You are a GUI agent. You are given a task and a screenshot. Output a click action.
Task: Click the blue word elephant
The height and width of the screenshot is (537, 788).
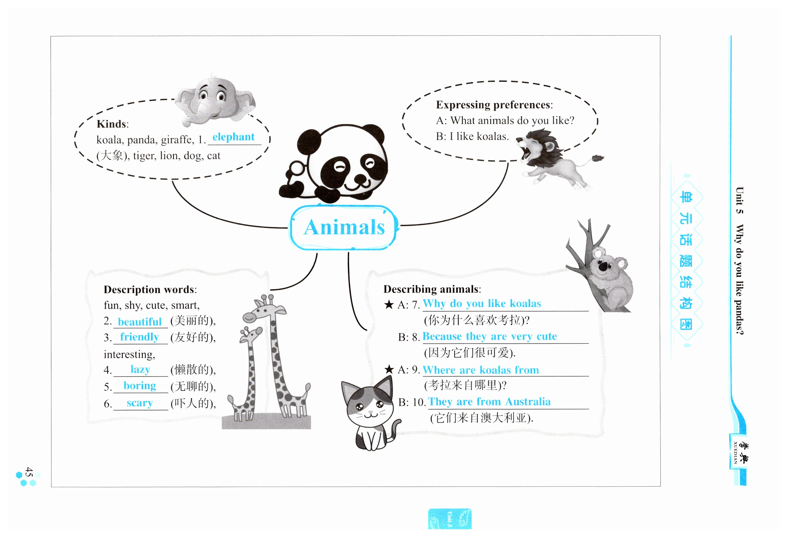coord(233,137)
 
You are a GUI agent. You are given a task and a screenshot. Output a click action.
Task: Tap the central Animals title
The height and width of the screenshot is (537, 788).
coord(344,227)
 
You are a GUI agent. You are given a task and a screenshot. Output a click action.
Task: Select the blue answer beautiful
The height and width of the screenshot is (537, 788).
coord(140,321)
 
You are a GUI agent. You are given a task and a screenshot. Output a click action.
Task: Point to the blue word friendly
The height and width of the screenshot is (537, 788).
coord(139,337)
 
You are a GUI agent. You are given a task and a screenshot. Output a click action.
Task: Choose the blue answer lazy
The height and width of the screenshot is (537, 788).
coord(140,369)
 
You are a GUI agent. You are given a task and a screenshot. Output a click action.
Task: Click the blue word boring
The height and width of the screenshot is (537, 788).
coord(140,386)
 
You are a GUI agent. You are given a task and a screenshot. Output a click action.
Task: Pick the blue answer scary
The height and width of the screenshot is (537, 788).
coord(140,403)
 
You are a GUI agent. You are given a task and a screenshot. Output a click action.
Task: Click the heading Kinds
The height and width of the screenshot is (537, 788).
coord(112,124)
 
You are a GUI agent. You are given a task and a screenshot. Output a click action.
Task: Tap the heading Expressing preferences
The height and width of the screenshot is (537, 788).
coord(493,105)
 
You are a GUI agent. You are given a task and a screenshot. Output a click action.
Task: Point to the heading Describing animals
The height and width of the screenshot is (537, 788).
coord(431,289)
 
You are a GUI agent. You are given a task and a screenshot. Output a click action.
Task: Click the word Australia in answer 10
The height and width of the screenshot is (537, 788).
coord(528,402)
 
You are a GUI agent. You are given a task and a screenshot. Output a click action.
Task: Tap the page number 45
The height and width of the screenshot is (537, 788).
coord(29,472)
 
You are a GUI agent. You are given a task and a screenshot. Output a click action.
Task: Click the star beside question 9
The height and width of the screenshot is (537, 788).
coord(389,369)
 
